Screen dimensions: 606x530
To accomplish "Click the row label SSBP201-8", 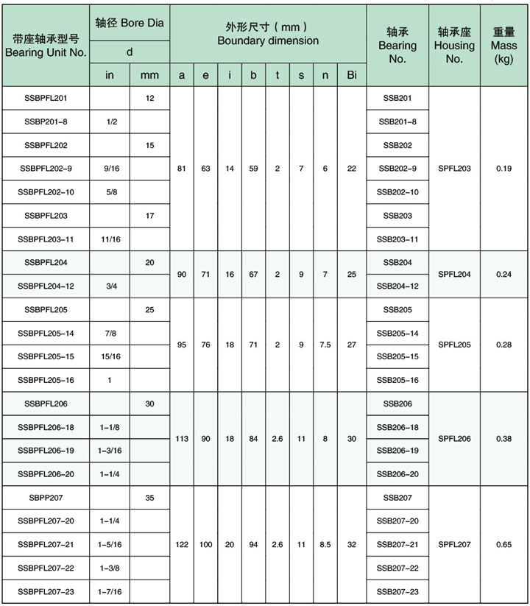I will (x=46, y=121).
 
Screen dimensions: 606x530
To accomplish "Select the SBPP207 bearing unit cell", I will (x=46, y=498).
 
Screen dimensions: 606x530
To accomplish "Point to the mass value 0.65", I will (x=504, y=545).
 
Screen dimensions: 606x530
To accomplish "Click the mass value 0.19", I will (x=504, y=169).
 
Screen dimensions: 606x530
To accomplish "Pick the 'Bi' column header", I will (x=351, y=75).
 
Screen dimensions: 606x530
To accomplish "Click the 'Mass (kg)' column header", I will (x=504, y=45).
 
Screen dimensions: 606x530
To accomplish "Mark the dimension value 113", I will (x=182, y=439).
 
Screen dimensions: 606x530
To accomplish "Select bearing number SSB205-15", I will (x=397, y=357).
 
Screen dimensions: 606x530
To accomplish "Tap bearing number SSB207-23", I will (x=397, y=591).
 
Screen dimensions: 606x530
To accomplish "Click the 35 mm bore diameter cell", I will (x=149, y=498).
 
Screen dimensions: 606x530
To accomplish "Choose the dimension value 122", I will (x=182, y=545).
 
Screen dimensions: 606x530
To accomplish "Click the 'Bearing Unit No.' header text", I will (x=46, y=53).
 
